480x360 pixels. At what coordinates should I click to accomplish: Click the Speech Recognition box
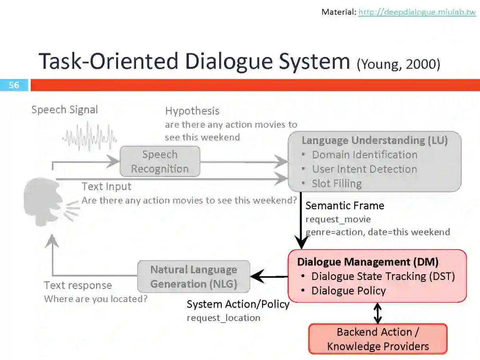coord(160,162)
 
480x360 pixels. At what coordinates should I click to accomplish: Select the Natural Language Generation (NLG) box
coord(194,276)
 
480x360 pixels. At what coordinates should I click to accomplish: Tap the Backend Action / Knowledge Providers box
coord(378,339)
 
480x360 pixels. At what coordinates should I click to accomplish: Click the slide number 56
coord(14,85)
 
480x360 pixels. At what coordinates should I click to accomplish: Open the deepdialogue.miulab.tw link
coord(417,12)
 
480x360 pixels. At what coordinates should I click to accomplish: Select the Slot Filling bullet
coord(336,184)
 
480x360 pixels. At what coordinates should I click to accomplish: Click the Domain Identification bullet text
coord(364,155)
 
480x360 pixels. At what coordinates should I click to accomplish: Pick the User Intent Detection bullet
coord(364,169)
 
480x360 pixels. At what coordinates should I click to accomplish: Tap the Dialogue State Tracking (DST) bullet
coord(383,276)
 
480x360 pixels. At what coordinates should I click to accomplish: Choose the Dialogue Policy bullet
coord(348,291)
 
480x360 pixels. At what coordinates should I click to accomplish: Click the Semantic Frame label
coord(344,206)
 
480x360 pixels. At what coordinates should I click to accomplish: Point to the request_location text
coord(223,318)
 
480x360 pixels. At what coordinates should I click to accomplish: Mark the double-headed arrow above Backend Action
coord(377,313)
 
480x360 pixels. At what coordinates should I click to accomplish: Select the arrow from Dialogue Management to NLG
coord(269,277)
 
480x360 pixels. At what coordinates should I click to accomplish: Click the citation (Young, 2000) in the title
coord(398,64)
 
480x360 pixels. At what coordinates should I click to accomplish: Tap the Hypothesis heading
coord(192,111)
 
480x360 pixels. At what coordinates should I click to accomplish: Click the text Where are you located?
coord(96,299)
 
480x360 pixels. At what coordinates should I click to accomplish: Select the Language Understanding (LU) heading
coord(374,140)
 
